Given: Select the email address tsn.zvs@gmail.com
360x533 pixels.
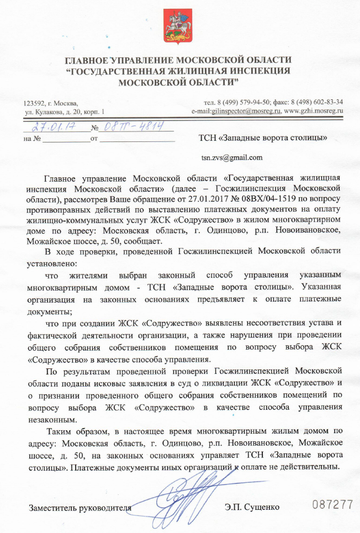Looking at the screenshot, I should click(231, 157).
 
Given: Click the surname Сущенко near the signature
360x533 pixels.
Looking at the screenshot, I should click(261, 507).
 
